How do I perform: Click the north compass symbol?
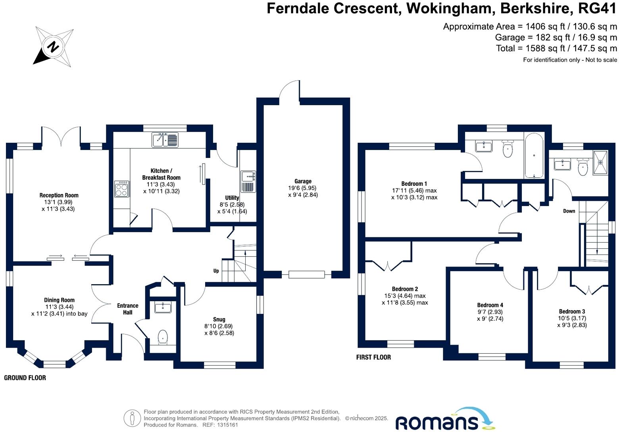[x=53, y=47]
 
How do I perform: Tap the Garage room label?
[x=303, y=181]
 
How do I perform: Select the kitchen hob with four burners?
[x=121, y=189]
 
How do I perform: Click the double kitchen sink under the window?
[x=165, y=140]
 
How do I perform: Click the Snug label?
[x=219, y=319]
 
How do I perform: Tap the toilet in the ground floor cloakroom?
[x=163, y=337]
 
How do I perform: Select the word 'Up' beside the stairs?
[x=216, y=271]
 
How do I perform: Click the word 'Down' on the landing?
[x=569, y=211]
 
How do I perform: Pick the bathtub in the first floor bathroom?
[x=534, y=156]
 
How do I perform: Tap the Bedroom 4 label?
[x=490, y=305]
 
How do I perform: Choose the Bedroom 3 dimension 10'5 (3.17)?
[x=571, y=318]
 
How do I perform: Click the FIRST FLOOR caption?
[x=373, y=357]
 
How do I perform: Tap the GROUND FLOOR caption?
[x=25, y=378]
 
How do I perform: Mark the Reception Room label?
[x=59, y=195]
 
